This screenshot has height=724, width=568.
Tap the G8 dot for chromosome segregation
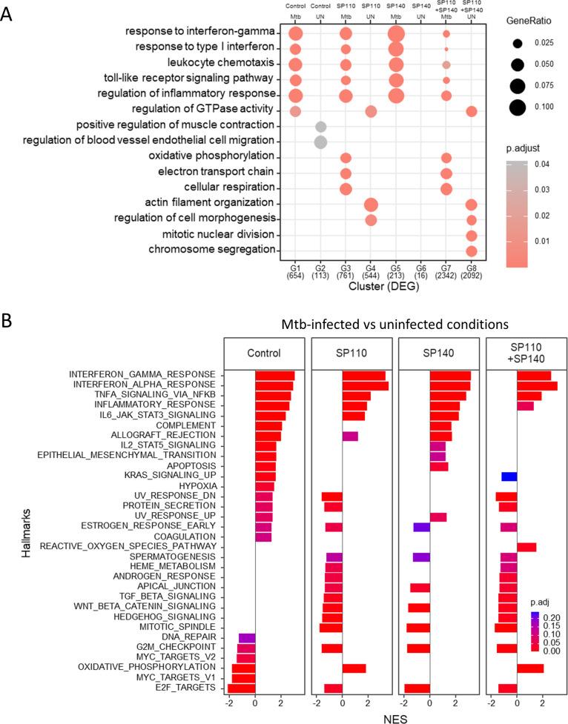tap(471, 250)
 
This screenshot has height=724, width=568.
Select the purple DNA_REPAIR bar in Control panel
tap(247, 637)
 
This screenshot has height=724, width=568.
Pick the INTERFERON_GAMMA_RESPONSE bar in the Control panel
tap(274, 375)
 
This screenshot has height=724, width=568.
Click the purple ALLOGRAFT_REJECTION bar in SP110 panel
tap(350, 436)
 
